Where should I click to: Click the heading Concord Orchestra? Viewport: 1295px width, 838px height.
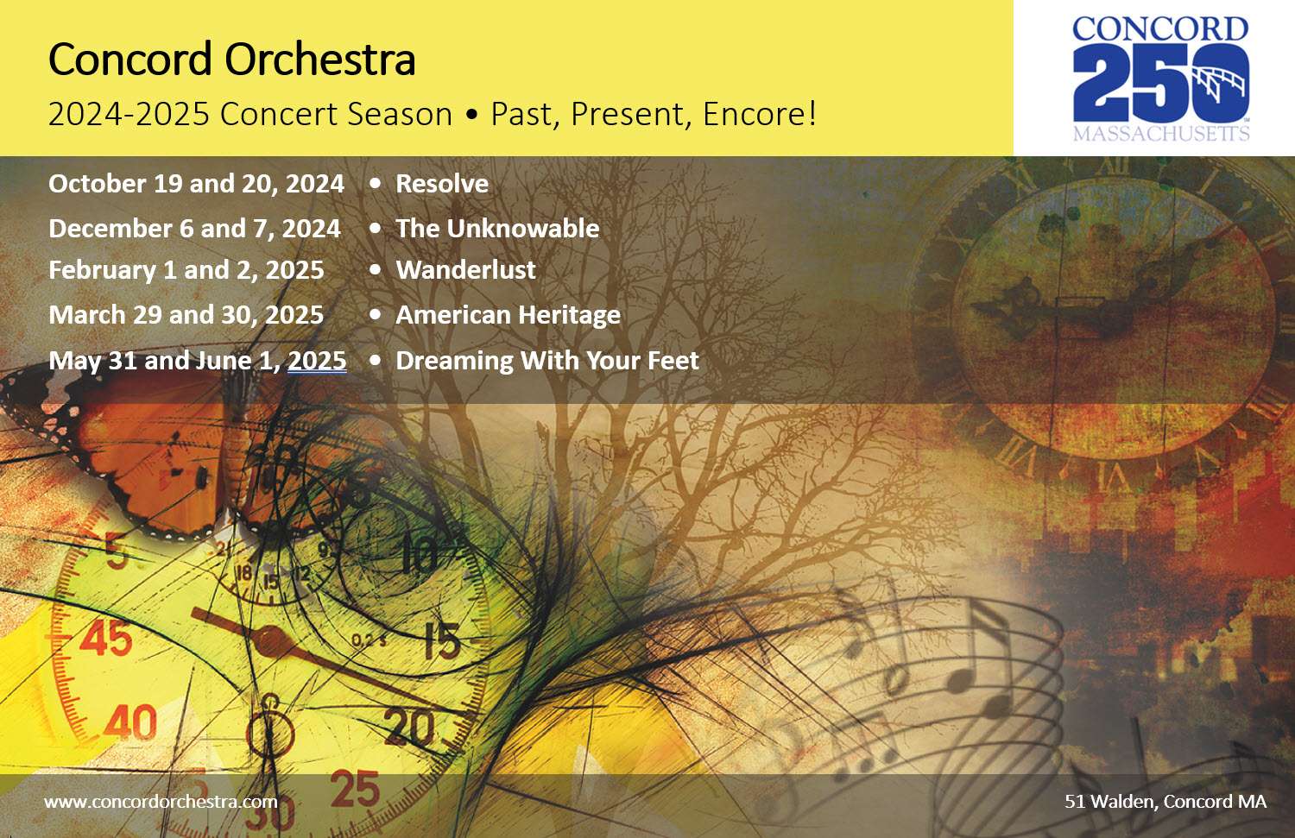[232, 60]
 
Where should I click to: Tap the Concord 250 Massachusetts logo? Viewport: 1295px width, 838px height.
[1161, 79]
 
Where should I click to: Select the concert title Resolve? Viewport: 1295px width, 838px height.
[442, 184]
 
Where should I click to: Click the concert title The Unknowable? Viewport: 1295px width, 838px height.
[497, 229]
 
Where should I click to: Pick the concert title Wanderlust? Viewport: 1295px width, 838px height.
[466, 270]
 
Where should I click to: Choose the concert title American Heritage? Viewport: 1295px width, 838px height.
[509, 315]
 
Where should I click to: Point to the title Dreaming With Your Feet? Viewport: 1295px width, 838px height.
[547, 361]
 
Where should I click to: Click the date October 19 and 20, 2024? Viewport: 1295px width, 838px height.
[197, 184]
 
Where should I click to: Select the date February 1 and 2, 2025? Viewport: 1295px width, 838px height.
[186, 270]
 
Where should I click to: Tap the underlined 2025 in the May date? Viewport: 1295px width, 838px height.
[318, 361]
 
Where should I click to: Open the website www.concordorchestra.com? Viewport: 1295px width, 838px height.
[161, 802]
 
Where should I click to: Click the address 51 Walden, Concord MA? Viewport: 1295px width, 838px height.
[1165, 802]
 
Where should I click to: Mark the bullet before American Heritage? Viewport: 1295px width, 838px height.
[376, 315]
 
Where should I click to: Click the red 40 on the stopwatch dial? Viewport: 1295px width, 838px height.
[130, 722]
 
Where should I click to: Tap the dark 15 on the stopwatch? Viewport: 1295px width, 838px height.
[443, 640]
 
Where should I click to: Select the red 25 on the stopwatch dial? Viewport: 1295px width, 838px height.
[355, 789]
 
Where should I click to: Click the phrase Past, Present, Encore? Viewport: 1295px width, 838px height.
[654, 114]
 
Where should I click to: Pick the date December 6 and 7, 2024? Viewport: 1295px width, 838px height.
[195, 229]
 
